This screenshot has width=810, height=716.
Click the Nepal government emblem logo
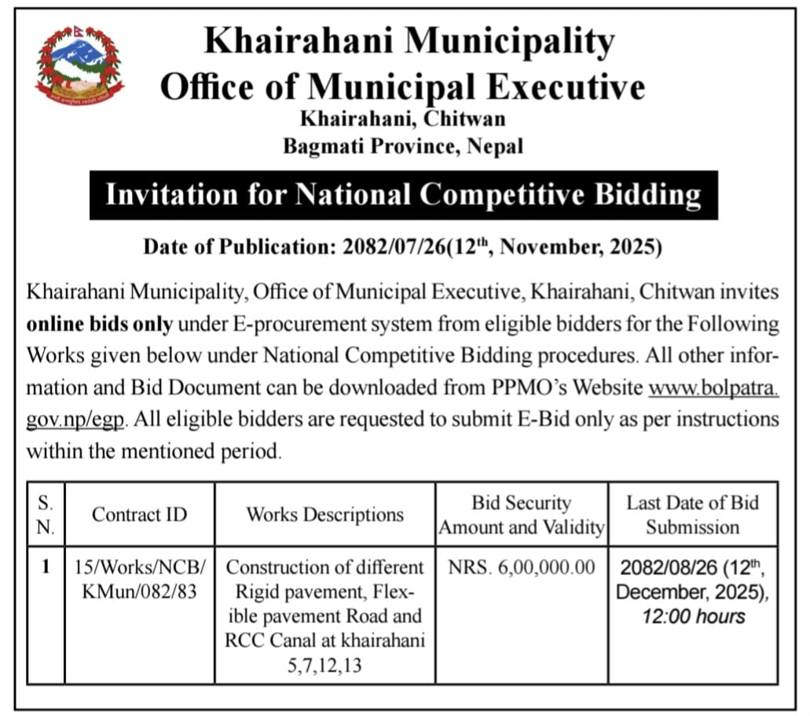[x=79, y=66]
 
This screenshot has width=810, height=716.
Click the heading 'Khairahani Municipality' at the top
[x=409, y=40]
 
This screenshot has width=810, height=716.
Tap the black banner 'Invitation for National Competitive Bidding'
[x=403, y=194]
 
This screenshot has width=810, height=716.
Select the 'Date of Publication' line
[x=402, y=248]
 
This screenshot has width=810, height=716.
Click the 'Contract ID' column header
[x=140, y=515]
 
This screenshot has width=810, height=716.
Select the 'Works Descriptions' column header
[x=325, y=515]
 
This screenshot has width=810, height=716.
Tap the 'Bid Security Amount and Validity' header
[x=522, y=515]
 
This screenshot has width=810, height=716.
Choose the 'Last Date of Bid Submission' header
[x=692, y=515]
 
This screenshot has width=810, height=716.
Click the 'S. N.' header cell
[x=46, y=515]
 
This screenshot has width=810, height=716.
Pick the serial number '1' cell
[x=46, y=567]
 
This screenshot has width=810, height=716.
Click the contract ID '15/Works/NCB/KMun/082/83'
[x=140, y=578]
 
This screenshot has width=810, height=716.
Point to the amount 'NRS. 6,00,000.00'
[x=522, y=567]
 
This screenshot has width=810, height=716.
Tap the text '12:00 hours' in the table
[x=692, y=616]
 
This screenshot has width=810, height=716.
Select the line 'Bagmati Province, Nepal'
[x=403, y=146]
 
